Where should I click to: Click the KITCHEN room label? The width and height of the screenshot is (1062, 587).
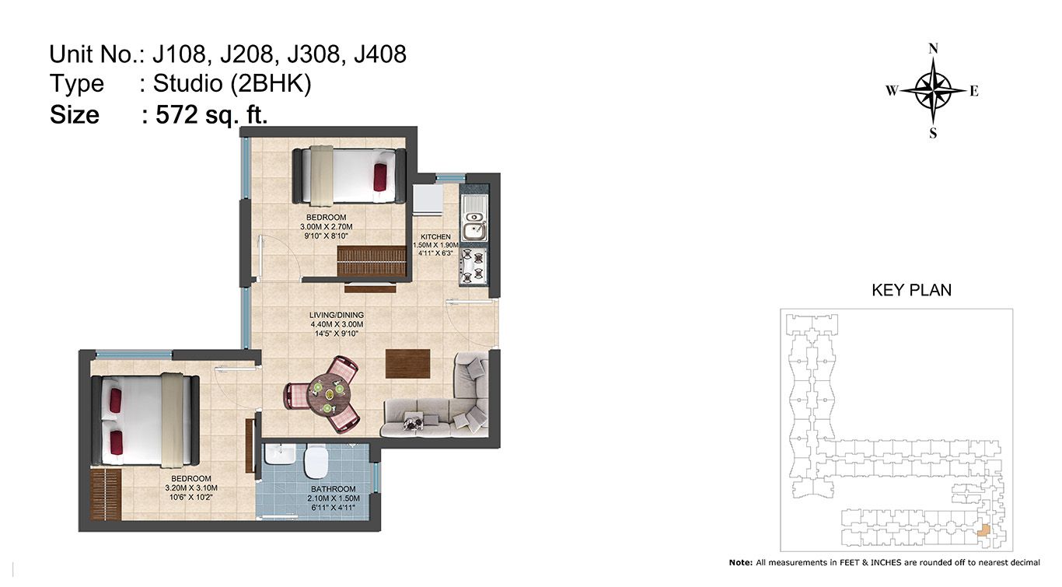(435, 236)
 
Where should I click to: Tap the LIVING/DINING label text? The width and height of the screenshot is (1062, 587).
(336, 315)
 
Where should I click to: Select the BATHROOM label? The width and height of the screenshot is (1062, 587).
(334, 489)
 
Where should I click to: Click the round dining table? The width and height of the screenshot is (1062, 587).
(329, 394)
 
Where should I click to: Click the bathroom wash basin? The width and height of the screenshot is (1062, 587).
(279, 454)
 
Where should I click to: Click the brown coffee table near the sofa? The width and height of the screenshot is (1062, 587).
(407, 364)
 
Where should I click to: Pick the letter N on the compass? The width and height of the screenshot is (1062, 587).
(933, 49)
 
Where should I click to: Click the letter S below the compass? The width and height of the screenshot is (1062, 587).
(933, 133)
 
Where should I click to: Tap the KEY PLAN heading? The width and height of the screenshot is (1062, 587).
(911, 290)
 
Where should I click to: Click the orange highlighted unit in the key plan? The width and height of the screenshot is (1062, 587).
(983, 530)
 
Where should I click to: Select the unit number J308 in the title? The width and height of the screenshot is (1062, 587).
(313, 54)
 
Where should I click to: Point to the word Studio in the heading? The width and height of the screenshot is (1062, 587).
(187, 84)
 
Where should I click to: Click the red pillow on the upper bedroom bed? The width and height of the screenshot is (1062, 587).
(380, 177)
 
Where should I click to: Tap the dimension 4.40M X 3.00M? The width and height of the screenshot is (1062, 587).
(337, 324)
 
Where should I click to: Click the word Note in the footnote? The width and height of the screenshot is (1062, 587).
(741, 562)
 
